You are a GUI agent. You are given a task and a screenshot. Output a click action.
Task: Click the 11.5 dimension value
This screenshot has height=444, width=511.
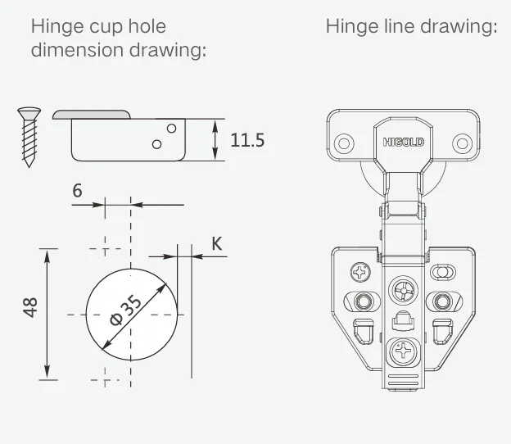point(247,140)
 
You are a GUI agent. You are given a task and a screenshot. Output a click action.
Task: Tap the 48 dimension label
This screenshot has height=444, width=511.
point(30,307)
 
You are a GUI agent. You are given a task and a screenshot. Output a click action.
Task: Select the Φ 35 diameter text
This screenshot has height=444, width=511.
point(125,310)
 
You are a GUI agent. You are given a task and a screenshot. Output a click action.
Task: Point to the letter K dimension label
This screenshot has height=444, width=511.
point(217,243)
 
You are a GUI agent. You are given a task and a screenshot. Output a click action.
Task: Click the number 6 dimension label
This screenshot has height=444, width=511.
point(77,190)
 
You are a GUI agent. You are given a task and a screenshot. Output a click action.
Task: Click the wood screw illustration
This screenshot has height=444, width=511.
point(29,138)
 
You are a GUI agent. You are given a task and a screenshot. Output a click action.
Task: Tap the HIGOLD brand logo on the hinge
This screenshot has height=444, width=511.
point(404,143)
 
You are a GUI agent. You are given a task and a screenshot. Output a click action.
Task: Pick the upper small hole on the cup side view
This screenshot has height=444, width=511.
point(171,128)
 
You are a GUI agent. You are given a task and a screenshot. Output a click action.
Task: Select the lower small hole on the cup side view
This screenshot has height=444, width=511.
point(156,144)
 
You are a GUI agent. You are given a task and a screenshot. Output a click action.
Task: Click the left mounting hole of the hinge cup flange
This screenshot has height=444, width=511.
point(344,143)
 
